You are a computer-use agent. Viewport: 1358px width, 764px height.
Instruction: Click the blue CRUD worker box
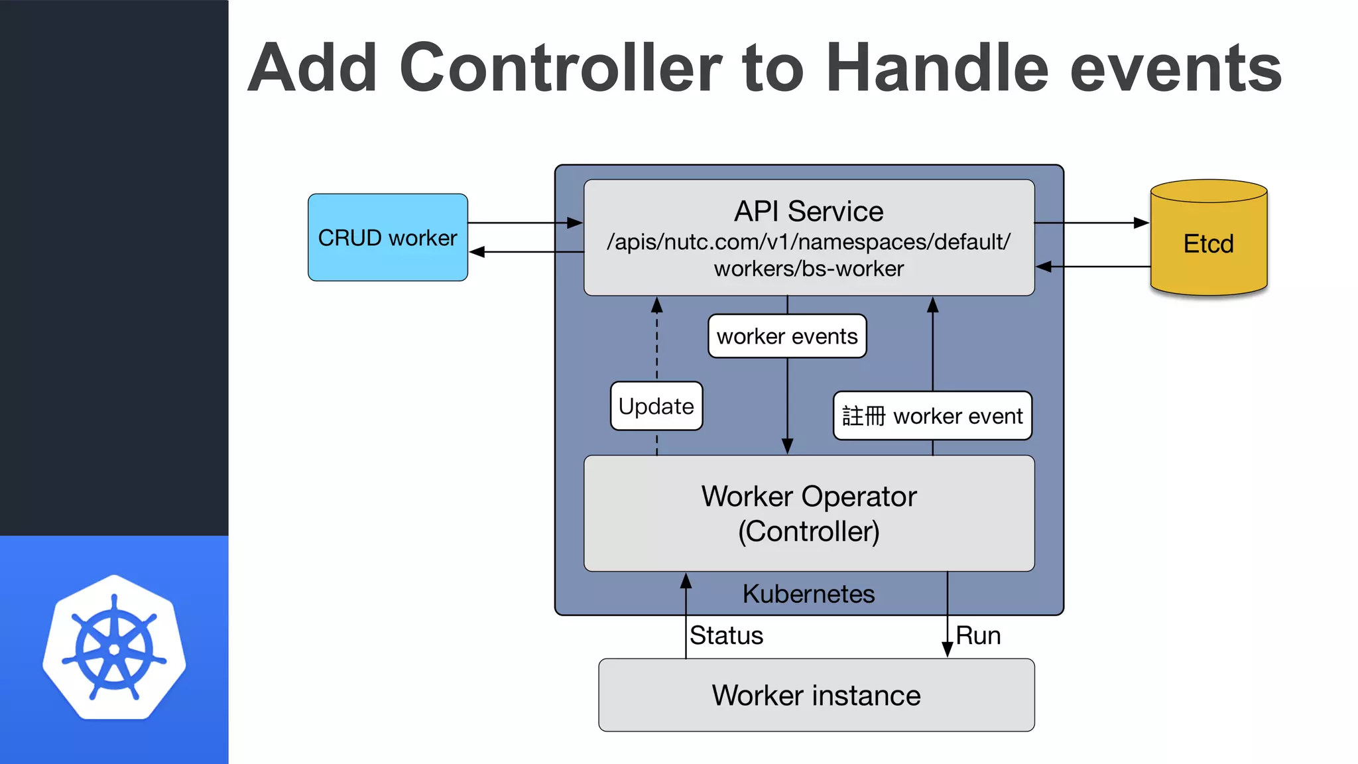[x=388, y=237]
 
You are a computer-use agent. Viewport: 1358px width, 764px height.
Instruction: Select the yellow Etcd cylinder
[x=1208, y=243]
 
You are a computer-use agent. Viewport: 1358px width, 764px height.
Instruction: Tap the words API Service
[x=808, y=212]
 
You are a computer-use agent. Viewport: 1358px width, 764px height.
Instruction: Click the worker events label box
[x=787, y=336]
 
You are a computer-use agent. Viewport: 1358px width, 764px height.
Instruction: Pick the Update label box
[x=656, y=406]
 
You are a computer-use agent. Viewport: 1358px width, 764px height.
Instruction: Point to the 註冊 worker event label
[x=932, y=416]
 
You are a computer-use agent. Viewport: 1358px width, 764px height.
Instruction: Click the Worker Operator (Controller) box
[x=808, y=513]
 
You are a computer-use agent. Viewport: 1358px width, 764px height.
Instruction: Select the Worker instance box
[x=816, y=695]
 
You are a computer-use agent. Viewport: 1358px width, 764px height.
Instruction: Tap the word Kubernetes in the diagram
[x=808, y=594]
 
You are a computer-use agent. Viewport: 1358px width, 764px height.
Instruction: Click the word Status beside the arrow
[x=726, y=635]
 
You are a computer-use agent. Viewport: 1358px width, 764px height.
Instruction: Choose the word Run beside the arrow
[x=977, y=635]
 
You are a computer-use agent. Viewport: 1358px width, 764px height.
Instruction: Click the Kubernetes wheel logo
[x=114, y=648]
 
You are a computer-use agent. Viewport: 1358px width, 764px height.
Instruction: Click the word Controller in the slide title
[x=560, y=68]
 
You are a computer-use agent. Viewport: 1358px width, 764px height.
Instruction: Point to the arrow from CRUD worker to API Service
[x=524, y=223]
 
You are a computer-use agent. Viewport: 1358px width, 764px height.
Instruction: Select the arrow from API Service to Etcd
[x=1091, y=223]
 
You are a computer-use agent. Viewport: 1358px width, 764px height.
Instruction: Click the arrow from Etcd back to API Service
[x=1094, y=267]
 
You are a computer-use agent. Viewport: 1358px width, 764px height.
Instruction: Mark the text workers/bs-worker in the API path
[x=808, y=269]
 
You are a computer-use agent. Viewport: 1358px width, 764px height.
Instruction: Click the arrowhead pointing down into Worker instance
[x=948, y=649]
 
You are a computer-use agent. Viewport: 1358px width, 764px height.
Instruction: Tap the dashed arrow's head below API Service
[x=657, y=305]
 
